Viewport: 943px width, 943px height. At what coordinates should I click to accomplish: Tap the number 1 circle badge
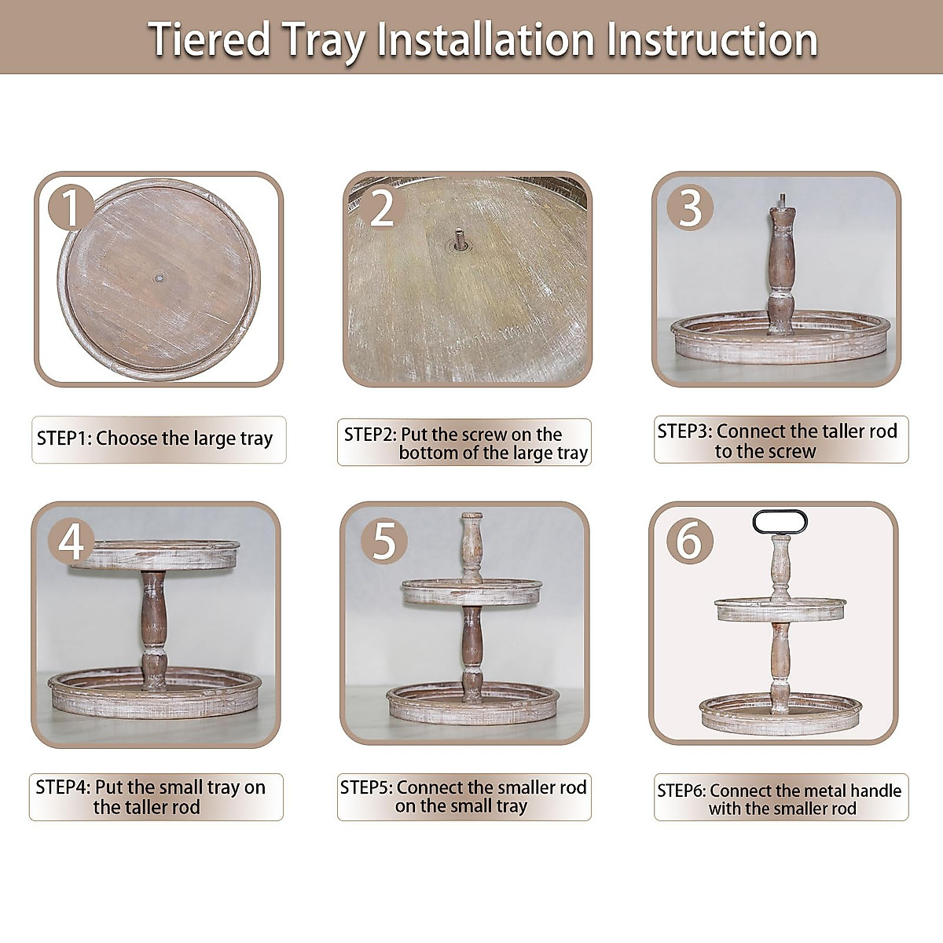pos(71,207)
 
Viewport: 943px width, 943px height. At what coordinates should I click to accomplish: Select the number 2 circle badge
pos(382,207)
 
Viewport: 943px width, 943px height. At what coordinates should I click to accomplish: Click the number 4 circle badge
pos(72,541)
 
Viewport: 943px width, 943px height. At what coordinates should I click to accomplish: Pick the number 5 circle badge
pos(383,541)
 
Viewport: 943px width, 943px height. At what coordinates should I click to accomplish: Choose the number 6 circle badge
pos(689,541)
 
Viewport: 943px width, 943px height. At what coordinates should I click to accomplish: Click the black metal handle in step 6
pos(780,522)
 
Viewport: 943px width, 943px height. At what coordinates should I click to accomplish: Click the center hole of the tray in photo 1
pos(160,278)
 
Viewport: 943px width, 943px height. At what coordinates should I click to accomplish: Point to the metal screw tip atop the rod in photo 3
pos(782,202)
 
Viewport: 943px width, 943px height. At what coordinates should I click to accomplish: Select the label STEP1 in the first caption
pos(64,438)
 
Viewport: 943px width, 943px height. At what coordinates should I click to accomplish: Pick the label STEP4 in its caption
pos(63,787)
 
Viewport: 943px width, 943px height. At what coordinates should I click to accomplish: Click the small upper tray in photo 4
pos(154,556)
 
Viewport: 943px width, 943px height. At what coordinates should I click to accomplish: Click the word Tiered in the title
pos(210,39)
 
